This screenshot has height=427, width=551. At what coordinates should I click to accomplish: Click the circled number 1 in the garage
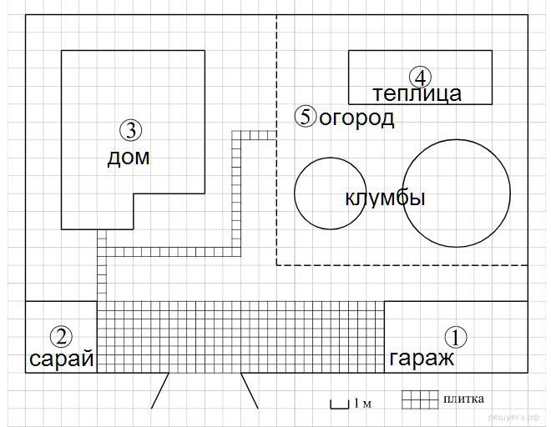(456, 337)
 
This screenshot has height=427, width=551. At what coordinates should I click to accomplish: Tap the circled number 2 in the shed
(61, 337)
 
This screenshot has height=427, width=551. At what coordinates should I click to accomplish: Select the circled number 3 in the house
(131, 130)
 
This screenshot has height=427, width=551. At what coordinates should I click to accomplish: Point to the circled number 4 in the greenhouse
(420, 78)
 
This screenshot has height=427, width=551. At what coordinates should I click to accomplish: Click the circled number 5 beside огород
(306, 116)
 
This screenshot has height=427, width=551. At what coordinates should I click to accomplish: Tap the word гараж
(422, 359)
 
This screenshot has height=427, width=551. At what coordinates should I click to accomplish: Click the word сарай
(62, 358)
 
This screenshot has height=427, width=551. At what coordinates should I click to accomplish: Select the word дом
(129, 158)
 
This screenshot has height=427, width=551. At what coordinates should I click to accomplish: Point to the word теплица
(417, 94)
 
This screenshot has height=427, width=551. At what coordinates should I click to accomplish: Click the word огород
(356, 118)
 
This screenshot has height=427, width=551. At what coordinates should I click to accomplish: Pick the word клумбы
(385, 198)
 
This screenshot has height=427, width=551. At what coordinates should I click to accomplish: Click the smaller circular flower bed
(295, 193)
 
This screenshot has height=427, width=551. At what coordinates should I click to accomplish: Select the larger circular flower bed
(402, 193)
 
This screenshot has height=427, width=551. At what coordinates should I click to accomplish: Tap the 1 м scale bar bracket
(339, 408)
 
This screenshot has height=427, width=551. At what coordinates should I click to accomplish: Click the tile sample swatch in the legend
(420, 399)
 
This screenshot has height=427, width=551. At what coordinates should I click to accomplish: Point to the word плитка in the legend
(463, 399)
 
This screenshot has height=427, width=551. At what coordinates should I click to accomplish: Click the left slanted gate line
(160, 390)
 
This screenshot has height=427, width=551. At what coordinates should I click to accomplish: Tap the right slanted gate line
(250, 390)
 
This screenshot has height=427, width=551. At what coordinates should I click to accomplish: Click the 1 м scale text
(362, 403)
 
